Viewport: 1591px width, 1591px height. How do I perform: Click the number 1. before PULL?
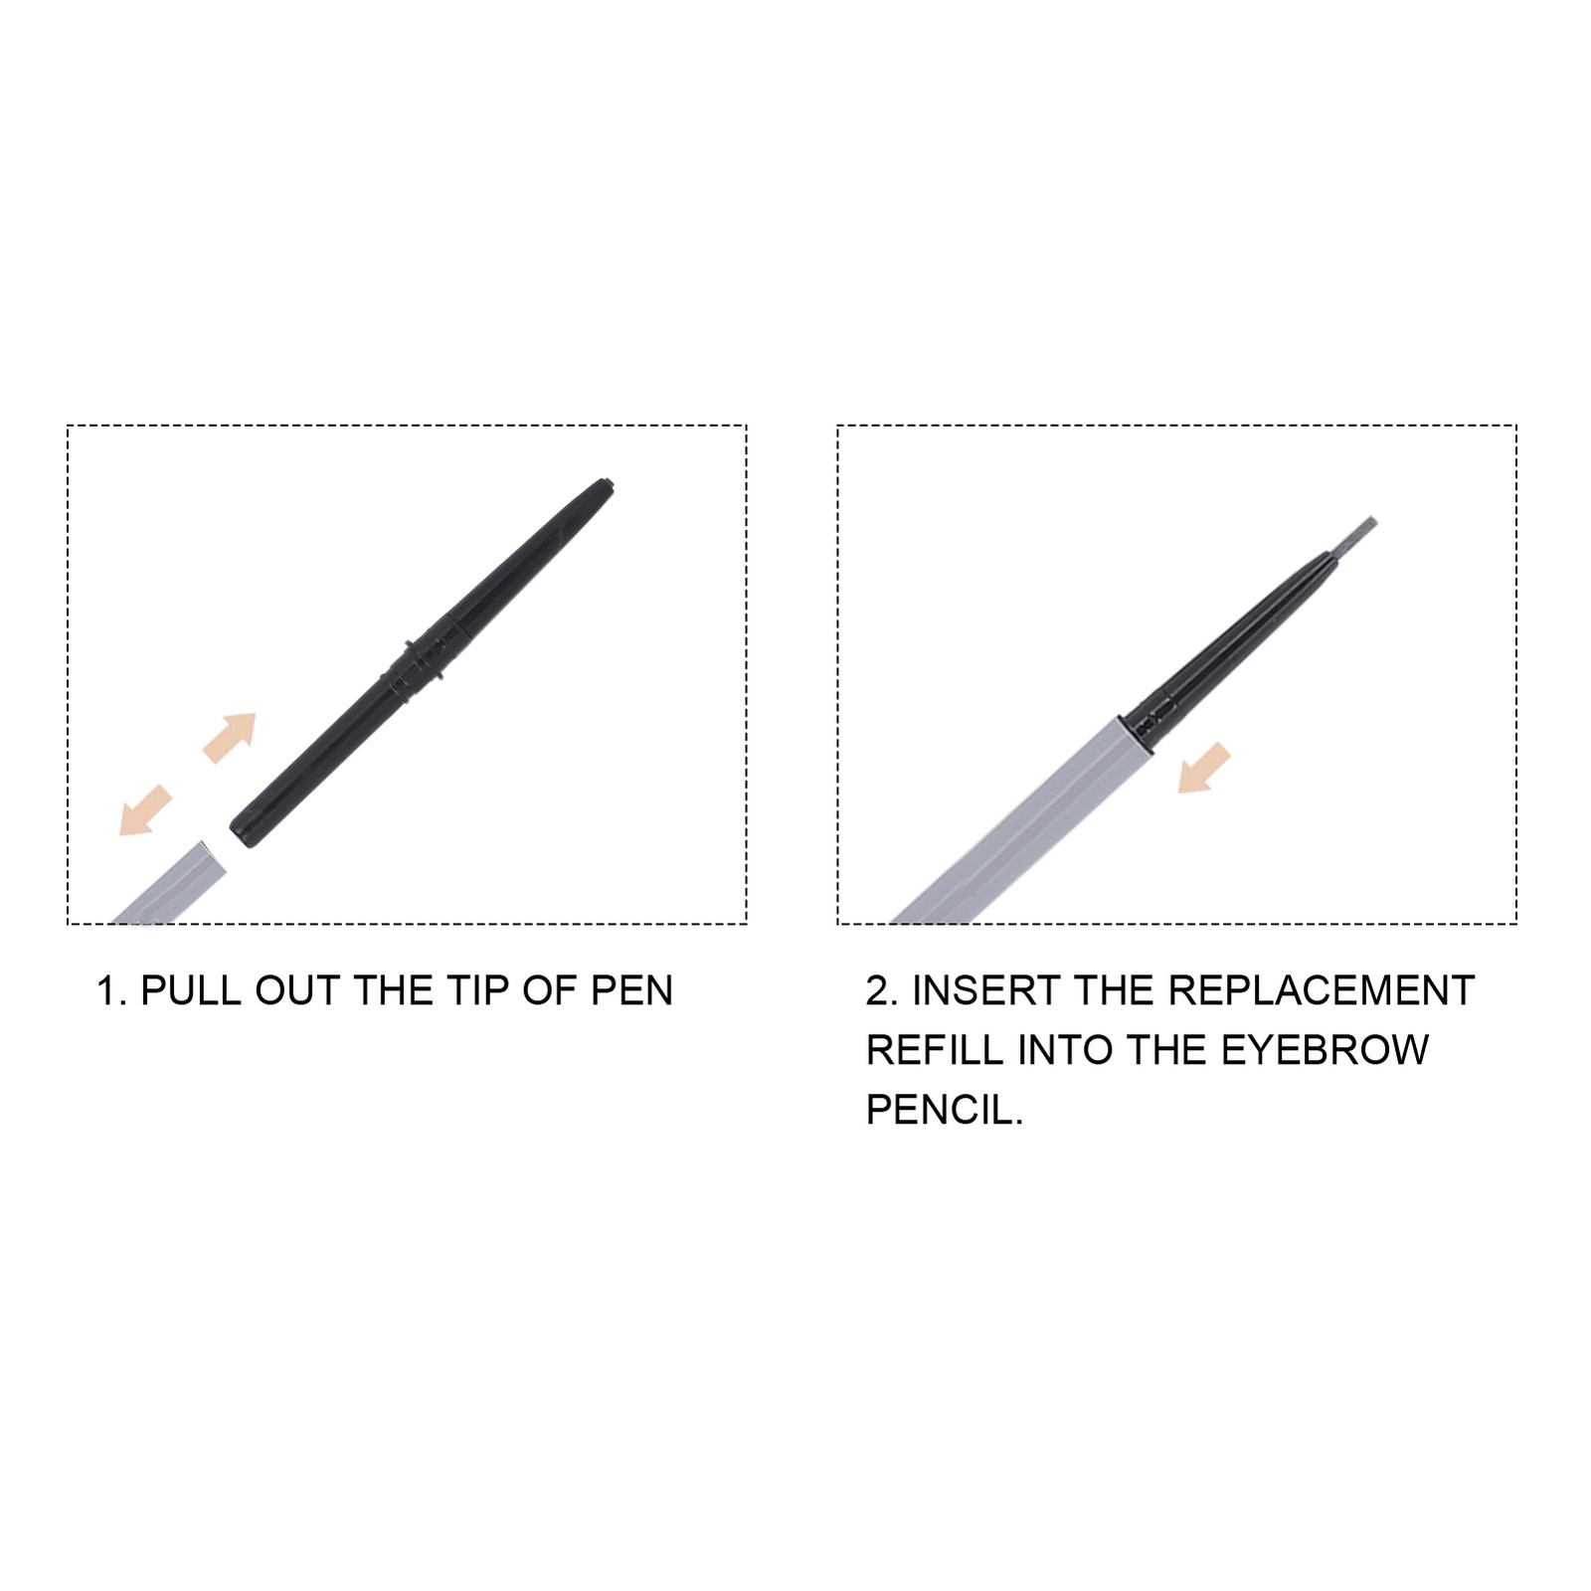[110, 990]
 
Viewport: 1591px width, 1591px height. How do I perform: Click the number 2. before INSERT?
[882, 990]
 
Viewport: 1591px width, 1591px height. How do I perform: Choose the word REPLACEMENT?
[1321, 990]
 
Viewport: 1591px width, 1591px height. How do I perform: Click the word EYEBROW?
[1325, 1050]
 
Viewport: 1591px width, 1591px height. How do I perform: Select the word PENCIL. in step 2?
[945, 1110]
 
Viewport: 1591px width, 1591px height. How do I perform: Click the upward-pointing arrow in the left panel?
[230, 737]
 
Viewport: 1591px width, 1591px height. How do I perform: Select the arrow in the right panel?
[1204, 769]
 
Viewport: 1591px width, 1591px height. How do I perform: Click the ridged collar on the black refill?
[419, 658]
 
